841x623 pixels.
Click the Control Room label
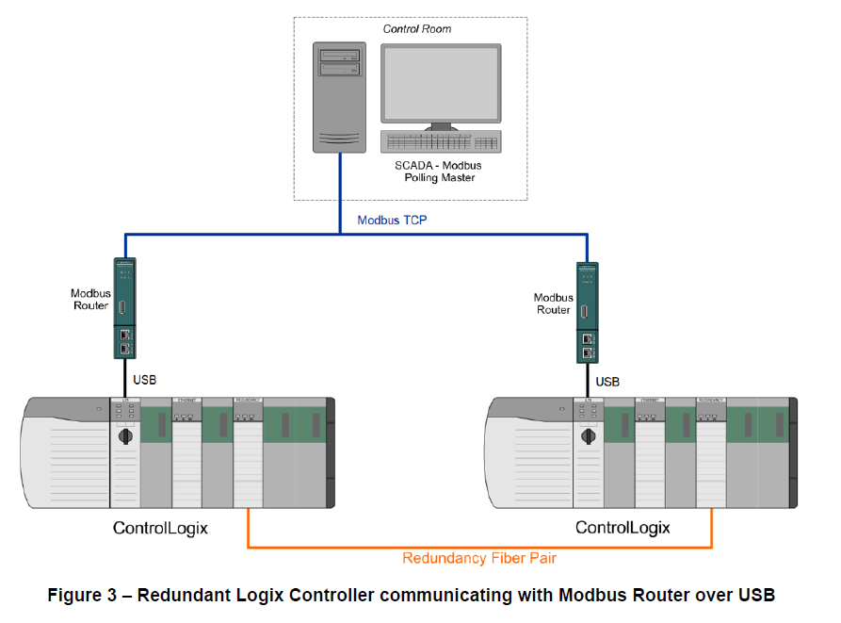point(416,29)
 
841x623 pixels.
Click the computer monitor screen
point(440,83)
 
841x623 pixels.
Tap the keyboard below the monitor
point(440,141)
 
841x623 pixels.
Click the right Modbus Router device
point(588,313)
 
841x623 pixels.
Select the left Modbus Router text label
point(90,300)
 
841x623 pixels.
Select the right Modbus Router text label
point(553,303)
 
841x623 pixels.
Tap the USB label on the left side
point(144,380)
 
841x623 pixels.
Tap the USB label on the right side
point(608,382)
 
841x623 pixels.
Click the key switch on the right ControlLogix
point(588,437)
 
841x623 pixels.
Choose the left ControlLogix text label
point(160,528)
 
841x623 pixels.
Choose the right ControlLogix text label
point(623,528)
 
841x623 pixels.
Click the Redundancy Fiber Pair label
point(478,558)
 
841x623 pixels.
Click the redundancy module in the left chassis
point(247,452)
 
